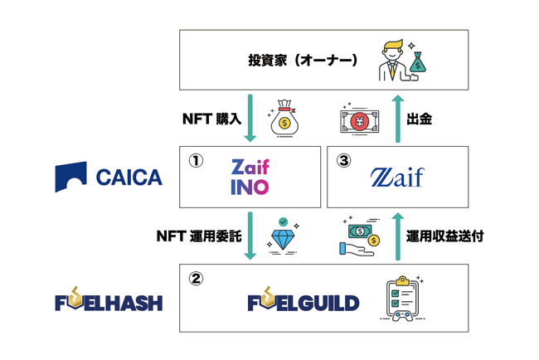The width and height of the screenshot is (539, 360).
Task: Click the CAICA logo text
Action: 129,178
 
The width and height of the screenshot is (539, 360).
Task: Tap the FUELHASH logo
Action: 109,299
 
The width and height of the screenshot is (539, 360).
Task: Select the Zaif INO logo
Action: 250,177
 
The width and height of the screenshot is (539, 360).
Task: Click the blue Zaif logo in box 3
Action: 397,177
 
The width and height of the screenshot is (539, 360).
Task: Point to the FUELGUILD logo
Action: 303,299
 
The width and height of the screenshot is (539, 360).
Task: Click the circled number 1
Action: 196,161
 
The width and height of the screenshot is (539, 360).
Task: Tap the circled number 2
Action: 196,278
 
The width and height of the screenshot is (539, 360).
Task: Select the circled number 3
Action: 343,161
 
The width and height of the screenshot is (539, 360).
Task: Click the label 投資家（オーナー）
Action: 303,61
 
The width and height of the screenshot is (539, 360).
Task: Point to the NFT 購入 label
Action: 211,119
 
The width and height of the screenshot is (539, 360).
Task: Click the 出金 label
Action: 419,119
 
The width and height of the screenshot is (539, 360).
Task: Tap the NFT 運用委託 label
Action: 199,236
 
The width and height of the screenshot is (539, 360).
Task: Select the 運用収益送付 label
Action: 445,236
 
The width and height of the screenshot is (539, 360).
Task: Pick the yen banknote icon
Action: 360,121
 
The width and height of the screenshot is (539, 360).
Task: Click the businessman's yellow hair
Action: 393,46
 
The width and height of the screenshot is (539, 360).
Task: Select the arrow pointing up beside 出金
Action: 398,119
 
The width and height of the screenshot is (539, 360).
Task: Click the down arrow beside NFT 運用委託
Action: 250,236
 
